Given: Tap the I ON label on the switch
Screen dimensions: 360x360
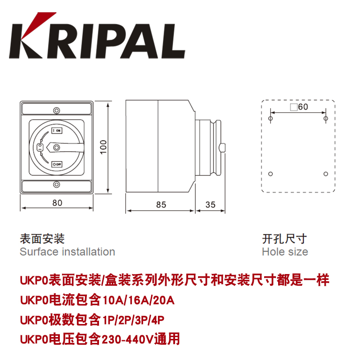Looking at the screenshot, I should coord(57,130).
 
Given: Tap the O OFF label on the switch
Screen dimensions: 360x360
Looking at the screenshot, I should coord(57,165).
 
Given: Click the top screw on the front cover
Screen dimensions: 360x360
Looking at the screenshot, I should coord(57,110).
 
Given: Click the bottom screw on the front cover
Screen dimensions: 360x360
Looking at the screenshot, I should coord(57,184).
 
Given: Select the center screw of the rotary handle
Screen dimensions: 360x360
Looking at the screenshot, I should coord(57,147).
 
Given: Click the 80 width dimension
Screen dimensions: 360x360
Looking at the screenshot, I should coord(57,202).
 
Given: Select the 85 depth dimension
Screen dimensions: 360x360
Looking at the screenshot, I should coord(161,204).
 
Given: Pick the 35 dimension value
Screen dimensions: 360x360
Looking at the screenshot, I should coord(210,204).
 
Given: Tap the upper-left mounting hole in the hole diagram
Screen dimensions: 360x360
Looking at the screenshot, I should coord(270,118).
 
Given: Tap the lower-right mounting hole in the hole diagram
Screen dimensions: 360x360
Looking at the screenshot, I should coord(326,174).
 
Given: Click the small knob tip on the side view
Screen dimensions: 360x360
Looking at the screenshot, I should coord(223,148).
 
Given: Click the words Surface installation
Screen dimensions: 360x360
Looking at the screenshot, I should coord(67,252).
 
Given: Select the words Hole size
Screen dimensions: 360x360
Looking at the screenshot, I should coord(285,252).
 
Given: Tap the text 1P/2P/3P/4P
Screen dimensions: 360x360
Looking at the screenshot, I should coord(134,320).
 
